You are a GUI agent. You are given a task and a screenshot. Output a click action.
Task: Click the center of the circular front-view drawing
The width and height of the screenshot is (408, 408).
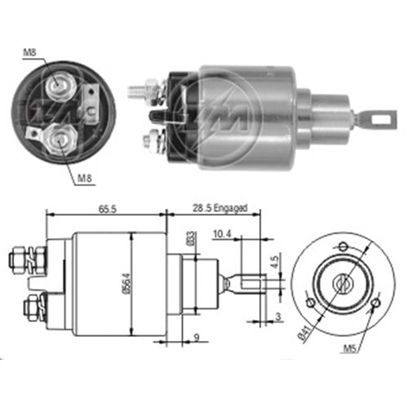[340, 282]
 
